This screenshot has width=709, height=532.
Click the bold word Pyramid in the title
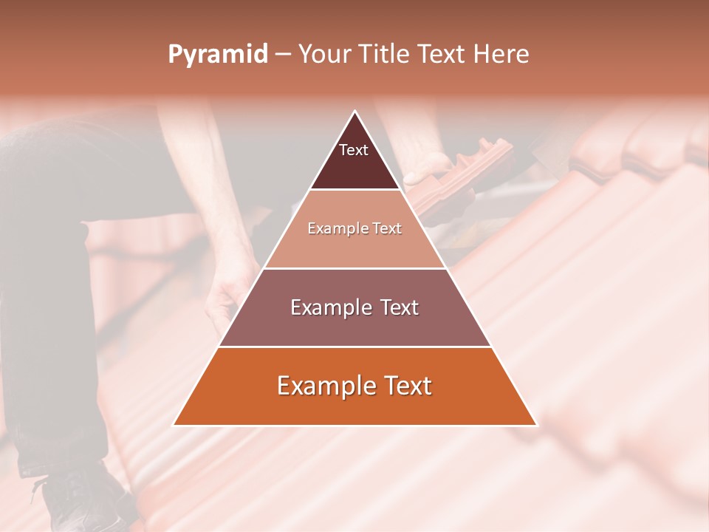point(217,55)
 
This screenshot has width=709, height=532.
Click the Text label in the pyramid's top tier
point(354,151)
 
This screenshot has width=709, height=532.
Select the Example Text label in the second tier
point(354,229)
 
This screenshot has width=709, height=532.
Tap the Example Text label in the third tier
point(354,307)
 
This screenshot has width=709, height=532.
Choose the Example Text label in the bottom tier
point(354,386)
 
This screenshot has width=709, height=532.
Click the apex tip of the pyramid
point(355,112)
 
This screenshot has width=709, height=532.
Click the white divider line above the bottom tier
point(354,347)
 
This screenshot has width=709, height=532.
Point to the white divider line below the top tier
point(354,190)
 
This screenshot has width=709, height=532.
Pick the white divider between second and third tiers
point(354,268)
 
